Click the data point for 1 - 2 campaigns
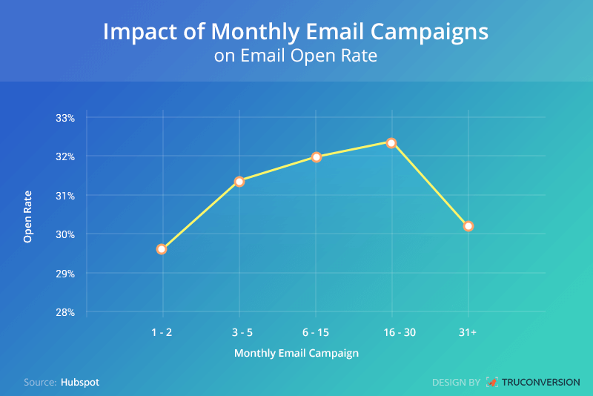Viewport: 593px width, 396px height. (x=162, y=249)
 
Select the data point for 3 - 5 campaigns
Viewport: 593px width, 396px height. (x=239, y=181)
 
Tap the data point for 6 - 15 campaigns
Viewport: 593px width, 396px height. (x=317, y=157)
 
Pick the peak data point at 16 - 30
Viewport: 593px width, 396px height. (x=391, y=142)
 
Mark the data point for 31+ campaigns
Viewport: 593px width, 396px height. (x=468, y=226)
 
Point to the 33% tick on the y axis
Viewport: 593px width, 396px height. (x=65, y=118)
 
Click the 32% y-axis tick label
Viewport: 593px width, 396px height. (x=65, y=156)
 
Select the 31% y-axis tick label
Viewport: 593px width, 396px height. (x=65, y=196)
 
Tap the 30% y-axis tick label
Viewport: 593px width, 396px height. (x=65, y=234)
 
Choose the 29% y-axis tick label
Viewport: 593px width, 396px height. (x=65, y=274)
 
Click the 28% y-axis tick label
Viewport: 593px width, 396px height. (x=65, y=312)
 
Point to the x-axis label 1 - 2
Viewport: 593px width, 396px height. (x=161, y=332)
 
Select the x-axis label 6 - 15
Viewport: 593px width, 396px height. (x=316, y=332)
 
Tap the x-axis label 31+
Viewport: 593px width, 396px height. (x=467, y=332)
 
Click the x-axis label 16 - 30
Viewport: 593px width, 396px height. (x=391, y=332)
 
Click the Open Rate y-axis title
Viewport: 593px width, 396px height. (x=28, y=215)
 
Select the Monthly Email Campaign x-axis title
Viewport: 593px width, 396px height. (x=296, y=354)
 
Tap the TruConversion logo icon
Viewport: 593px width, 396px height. (x=492, y=383)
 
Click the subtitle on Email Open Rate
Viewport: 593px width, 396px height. (x=296, y=56)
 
